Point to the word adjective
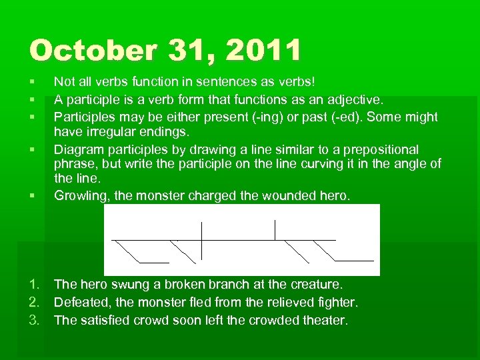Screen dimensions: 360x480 355,100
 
